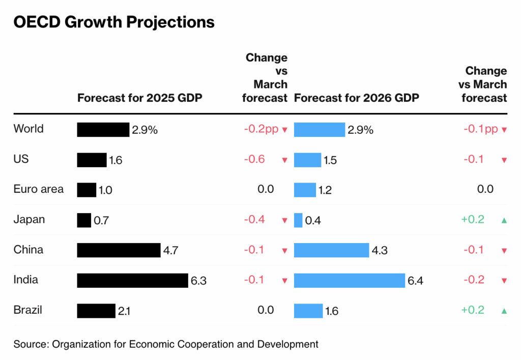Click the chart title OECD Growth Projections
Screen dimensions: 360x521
click(x=114, y=22)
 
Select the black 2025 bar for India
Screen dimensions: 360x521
click(x=133, y=280)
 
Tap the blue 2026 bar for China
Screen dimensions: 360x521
click(x=331, y=250)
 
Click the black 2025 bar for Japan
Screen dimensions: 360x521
click(x=84, y=220)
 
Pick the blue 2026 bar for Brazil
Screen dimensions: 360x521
click(x=308, y=310)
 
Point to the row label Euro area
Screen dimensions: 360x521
click(x=39, y=190)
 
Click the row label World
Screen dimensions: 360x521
click(x=28, y=129)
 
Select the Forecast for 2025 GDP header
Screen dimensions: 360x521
click(x=140, y=98)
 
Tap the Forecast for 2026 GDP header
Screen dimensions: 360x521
click(x=357, y=98)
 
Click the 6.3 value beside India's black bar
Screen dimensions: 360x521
click(x=198, y=281)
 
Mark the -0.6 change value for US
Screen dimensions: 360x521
click(x=254, y=159)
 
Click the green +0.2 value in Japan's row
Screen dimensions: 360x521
click(x=473, y=220)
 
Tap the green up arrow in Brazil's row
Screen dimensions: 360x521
click(x=504, y=311)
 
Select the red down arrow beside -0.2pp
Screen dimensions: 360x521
click(x=285, y=130)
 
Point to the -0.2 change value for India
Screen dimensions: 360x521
click(x=474, y=280)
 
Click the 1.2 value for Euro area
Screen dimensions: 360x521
click(x=325, y=191)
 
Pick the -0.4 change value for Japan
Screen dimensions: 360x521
click(x=254, y=220)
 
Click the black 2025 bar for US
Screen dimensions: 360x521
click(x=92, y=160)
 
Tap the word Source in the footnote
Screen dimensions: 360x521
click(x=30, y=344)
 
